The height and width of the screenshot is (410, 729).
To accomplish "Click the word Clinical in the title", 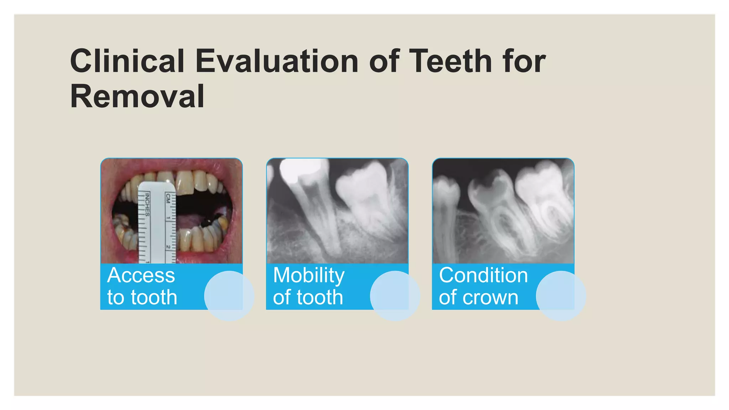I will [127, 61].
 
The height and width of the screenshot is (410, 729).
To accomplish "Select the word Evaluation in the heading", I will [277, 61].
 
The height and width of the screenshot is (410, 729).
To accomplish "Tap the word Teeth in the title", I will [450, 61].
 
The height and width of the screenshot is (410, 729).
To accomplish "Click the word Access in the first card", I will [141, 275].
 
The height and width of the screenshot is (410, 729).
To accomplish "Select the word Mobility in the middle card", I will [309, 275].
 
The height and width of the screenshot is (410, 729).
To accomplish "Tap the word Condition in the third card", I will [483, 275].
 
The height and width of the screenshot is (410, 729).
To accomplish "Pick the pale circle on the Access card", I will [229, 296].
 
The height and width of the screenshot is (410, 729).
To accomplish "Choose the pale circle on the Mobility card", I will [395, 296].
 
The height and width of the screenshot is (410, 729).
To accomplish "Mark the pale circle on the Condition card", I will [561, 296].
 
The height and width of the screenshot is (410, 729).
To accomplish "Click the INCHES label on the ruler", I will [147, 204].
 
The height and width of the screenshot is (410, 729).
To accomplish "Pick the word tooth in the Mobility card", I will [320, 297].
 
